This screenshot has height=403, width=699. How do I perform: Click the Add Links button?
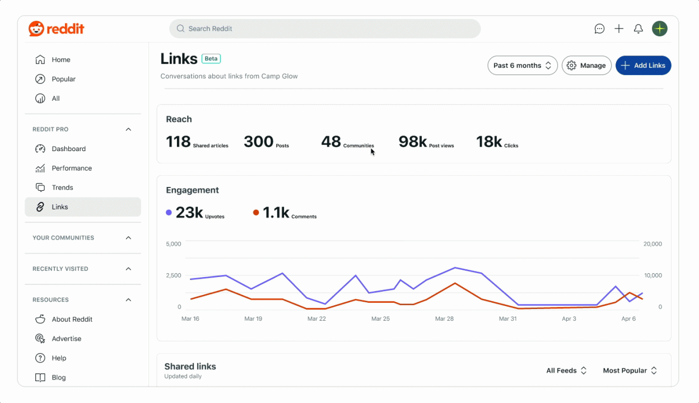(x=643, y=65)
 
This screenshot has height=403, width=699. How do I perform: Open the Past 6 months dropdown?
(x=522, y=65)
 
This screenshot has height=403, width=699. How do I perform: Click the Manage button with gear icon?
(x=586, y=65)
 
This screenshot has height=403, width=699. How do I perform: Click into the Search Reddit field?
(x=325, y=29)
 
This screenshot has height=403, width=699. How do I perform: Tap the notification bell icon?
(x=638, y=29)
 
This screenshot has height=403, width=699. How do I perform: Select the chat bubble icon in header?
(x=599, y=29)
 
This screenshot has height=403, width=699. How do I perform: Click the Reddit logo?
(x=57, y=29)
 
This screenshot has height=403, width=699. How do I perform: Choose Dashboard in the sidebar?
(x=68, y=149)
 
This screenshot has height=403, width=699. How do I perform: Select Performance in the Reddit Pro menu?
(x=71, y=168)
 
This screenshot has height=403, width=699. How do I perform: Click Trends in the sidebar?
(x=62, y=188)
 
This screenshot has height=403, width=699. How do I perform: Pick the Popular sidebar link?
(x=63, y=79)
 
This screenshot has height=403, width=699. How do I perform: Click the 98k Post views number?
(x=413, y=142)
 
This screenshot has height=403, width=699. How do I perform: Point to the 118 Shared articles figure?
(x=179, y=142)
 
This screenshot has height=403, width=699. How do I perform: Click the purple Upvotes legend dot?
(x=169, y=213)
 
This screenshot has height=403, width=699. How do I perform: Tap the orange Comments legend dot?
(x=256, y=213)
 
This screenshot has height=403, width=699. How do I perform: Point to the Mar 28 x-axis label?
(x=444, y=318)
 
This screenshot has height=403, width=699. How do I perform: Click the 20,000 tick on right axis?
(x=653, y=244)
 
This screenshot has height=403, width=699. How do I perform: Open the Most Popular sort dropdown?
(x=630, y=371)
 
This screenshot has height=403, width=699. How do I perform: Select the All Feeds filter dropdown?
(x=566, y=371)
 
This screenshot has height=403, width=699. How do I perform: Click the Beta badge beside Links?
(x=211, y=59)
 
